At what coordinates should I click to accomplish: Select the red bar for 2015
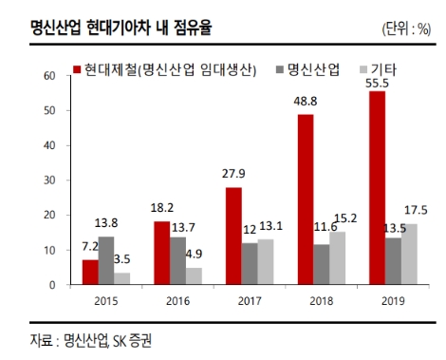coord(90,272)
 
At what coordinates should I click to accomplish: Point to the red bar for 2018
coord(307,199)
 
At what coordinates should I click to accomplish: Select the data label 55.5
coord(378,84)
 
